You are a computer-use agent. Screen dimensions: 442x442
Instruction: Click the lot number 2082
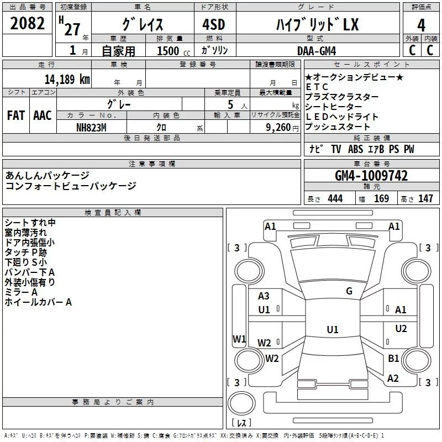[27, 23]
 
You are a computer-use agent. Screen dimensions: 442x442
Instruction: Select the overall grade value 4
[421, 25]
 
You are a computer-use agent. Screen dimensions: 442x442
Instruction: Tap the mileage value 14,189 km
[67, 79]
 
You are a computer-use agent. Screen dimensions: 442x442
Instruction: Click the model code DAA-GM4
[317, 51]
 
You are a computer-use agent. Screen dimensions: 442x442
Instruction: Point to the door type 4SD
[214, 24]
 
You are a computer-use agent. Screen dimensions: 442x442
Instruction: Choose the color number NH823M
[91, 128]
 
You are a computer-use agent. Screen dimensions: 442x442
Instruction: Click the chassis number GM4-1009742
[371, 176]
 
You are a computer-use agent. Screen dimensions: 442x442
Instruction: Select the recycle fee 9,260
[278, 128]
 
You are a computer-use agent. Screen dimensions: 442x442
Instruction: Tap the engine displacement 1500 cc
[173, 51]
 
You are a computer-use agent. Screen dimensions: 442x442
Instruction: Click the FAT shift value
[16, 115]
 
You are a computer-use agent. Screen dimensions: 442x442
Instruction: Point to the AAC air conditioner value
[43, 115]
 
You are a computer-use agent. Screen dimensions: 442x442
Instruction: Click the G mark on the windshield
[349, 291]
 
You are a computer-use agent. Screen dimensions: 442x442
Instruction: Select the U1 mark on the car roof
[333, 329]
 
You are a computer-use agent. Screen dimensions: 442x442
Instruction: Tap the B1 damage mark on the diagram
[393, 358]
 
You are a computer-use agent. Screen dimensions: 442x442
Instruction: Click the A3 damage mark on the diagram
[264, 296]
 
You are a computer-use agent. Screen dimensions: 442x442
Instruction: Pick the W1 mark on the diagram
[239, 339]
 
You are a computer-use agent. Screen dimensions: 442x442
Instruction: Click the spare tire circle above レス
[241, 403]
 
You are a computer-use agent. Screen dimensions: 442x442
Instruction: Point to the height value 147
[425, 198]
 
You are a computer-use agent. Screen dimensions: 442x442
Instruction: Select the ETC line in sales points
[317, 87]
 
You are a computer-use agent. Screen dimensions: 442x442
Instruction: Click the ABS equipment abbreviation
[355, 149]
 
